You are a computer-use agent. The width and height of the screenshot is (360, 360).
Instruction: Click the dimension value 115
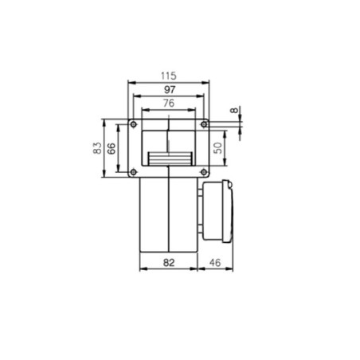point(168,75)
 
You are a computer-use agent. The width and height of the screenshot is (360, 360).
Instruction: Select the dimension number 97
point(168,89)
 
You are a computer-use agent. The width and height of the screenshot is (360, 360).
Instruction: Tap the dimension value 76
point(168,103)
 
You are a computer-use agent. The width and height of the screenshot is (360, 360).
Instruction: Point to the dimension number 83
point(97,148)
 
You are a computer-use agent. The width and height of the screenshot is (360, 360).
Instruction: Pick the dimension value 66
point(112,148)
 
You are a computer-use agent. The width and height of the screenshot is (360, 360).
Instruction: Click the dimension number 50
point(218,148)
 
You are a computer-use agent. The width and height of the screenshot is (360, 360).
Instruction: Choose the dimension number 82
point(169,260)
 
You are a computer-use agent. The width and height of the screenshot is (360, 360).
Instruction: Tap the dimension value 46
point(215,260)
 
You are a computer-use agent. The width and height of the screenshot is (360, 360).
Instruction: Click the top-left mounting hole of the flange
point(133,126)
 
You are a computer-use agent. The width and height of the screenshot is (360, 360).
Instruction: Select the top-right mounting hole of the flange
point(203,126)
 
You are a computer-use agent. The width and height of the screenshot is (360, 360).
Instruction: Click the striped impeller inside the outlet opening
point(168,157)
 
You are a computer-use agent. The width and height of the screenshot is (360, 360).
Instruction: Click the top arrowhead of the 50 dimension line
point(228,131)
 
